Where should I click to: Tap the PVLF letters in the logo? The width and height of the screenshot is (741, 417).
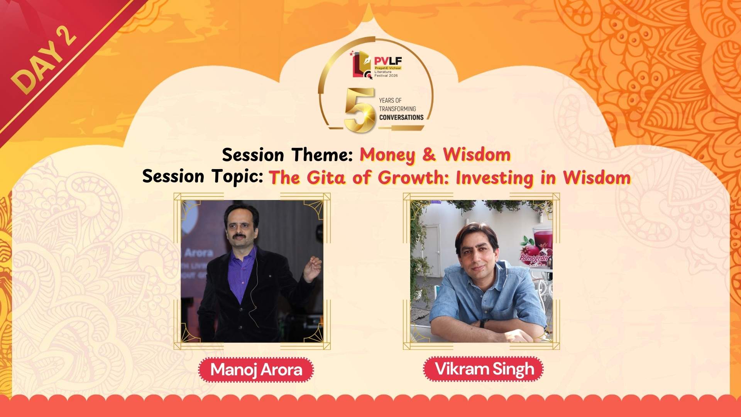(387, 61)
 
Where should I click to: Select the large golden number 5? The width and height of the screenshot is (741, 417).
(360, 110)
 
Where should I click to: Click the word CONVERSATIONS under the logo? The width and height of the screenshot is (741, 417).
(401, 117)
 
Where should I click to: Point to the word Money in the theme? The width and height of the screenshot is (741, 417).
(387, 154)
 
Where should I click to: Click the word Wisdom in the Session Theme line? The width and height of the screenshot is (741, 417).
(477, 154)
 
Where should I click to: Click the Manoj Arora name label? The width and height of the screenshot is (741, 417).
(256, 370)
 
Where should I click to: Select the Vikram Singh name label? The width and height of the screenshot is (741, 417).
(484, 369)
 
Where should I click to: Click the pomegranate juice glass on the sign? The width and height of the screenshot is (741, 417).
(542, 239)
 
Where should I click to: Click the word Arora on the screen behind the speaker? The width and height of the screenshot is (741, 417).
(198, 253)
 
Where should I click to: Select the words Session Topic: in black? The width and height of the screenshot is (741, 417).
(203, 176)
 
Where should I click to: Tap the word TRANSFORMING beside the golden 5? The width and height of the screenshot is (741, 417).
(397, 109)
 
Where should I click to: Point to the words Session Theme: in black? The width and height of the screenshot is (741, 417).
(287, 154)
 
